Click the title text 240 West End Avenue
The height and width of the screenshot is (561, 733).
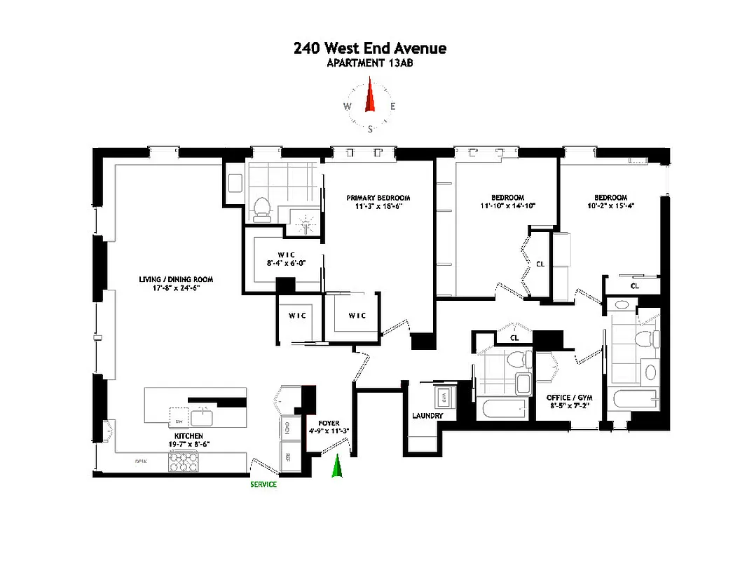(370, 48)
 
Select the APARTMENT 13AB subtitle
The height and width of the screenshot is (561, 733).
(370, 63)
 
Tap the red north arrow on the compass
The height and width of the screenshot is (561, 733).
(371, 97)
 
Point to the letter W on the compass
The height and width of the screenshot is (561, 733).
(347, 107)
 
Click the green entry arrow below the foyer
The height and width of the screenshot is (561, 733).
(336, 466)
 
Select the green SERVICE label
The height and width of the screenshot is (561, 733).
(263, 485)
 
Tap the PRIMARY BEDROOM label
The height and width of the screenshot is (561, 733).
(378, 198)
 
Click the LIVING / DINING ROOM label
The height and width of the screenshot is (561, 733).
(175, 279)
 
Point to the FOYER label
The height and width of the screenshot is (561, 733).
(329, 424)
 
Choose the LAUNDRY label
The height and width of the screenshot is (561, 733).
(427, 416)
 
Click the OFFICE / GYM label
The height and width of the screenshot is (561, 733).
(568, 398)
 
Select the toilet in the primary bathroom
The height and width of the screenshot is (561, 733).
(261, 208)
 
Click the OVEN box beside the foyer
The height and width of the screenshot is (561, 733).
(288, 426)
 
